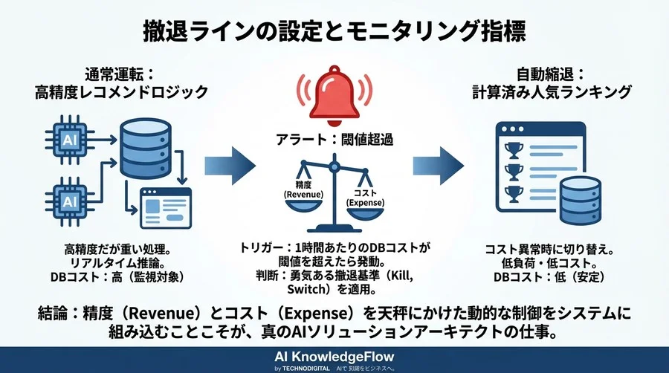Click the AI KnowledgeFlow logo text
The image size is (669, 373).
(334, 354)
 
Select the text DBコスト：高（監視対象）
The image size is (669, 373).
(120, 277)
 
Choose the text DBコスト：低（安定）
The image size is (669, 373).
(551, 277)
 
